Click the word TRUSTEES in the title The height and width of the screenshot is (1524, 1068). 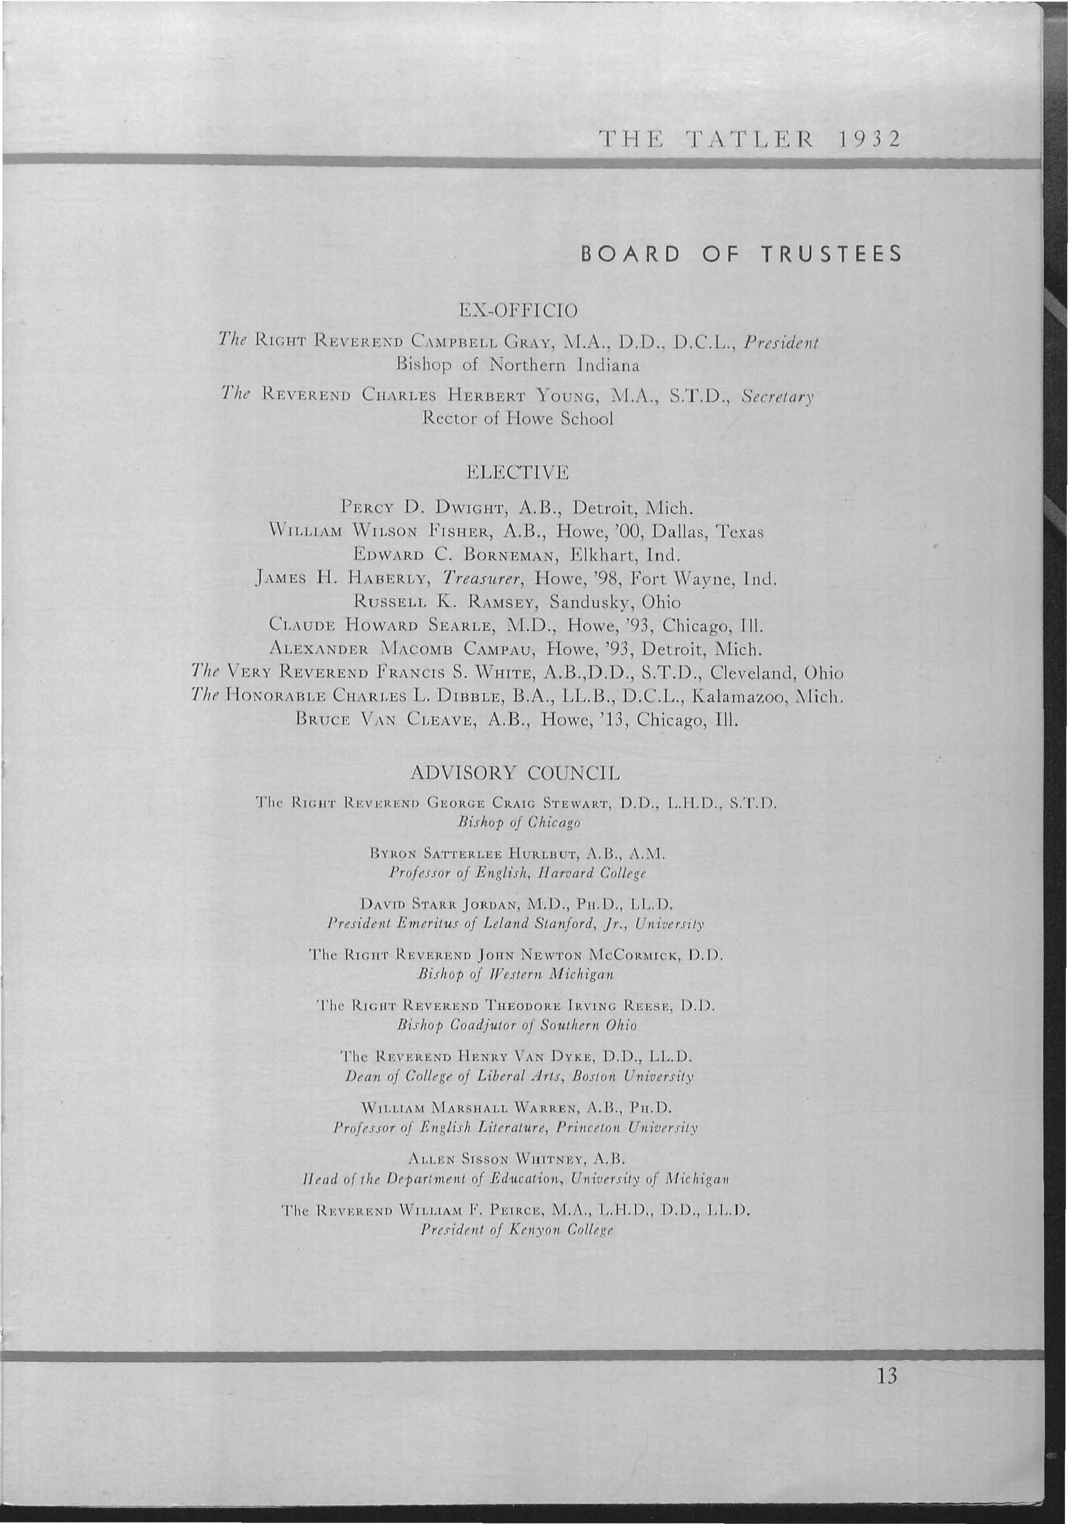(830, 254)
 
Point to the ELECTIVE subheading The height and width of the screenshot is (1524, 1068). (518, 472)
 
